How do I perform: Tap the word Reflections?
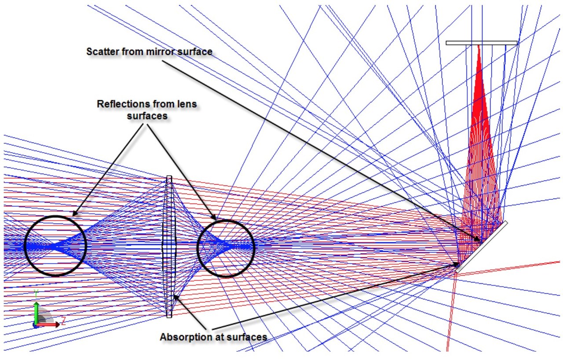click(x=123, y=104)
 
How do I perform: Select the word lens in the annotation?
click(x=186, y=104)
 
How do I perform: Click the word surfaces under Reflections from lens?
click(x=147, y=116)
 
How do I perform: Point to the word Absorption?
click(x=185, y=337)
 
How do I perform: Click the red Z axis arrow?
click(x=48, y=324)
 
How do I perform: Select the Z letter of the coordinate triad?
click(x=63, y=321)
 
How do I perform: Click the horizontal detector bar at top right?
click(x=482, y=43)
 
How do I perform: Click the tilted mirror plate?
click(x=482, y=246)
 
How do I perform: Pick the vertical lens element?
click(x=169, y=246)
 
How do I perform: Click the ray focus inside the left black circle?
click(x=53, y=246)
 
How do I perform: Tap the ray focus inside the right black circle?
click(x=224, y=245)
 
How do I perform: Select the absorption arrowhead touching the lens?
click(x=176, y=298)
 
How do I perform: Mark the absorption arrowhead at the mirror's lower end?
click(x=455, y=264)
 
